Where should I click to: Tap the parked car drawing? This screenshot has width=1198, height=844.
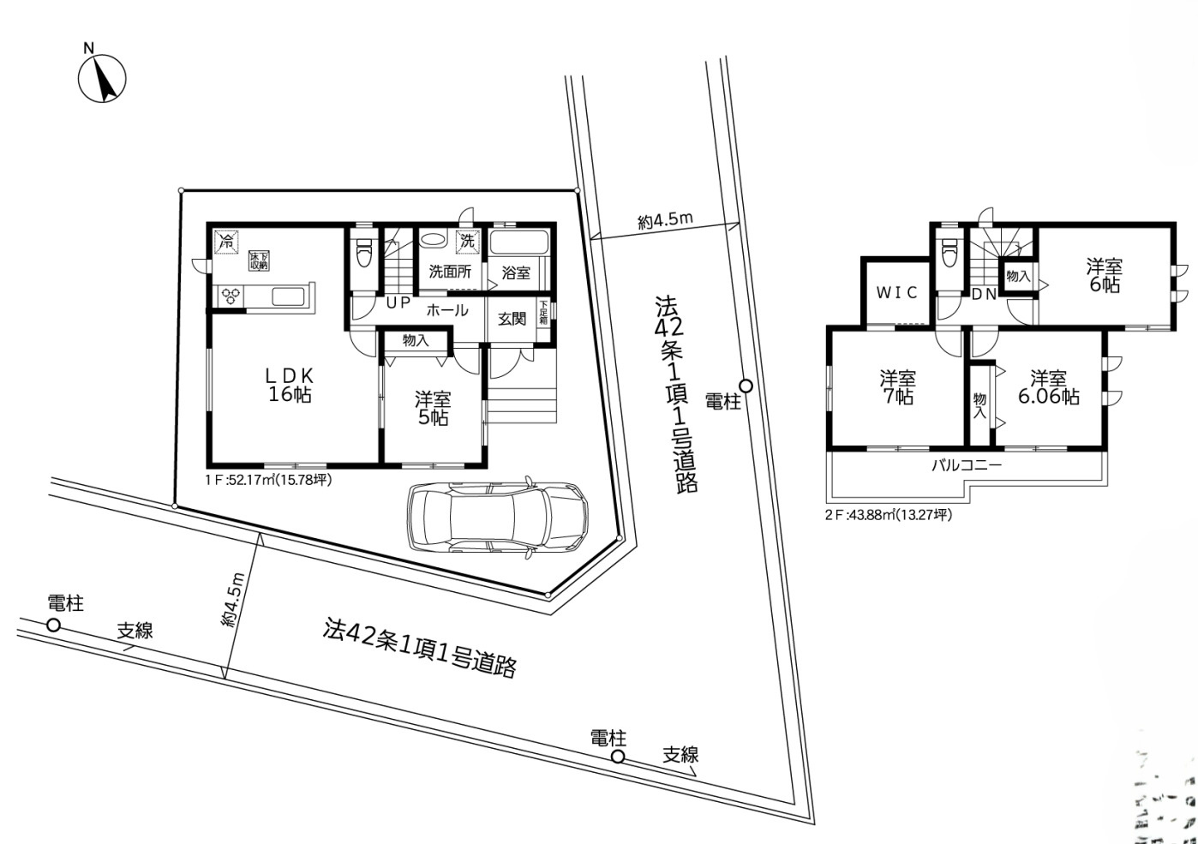[x=498, y=517]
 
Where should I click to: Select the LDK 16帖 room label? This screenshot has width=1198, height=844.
[x=289, y=385]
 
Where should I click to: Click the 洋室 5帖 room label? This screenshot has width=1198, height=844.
[x=433, y=408]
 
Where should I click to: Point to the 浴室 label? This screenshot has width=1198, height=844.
[x=516, y=273]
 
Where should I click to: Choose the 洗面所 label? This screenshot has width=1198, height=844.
[x=450, y=273]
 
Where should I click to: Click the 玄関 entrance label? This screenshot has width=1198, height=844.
[x=512, y=319]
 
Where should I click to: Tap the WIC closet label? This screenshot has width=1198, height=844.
[x=896, y=292]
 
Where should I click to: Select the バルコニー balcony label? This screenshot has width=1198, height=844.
[x=967, y=466]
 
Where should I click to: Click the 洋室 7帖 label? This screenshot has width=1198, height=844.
[x=897, y=387]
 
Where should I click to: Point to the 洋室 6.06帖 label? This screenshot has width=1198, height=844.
[x=1048, y=387]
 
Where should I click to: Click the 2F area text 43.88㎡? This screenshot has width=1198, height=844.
[x=888, y=516]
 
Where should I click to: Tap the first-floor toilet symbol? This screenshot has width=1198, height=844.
[x=364, y=252]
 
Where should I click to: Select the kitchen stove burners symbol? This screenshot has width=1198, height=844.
[x=231, y=296]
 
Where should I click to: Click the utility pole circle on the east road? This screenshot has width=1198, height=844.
[x=746, y=386]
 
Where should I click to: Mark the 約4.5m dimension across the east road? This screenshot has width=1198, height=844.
[x=665, y=221]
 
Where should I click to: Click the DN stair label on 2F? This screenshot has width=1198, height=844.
[x=983, y=295]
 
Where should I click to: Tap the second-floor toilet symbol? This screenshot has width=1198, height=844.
[x=948, y=252]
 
